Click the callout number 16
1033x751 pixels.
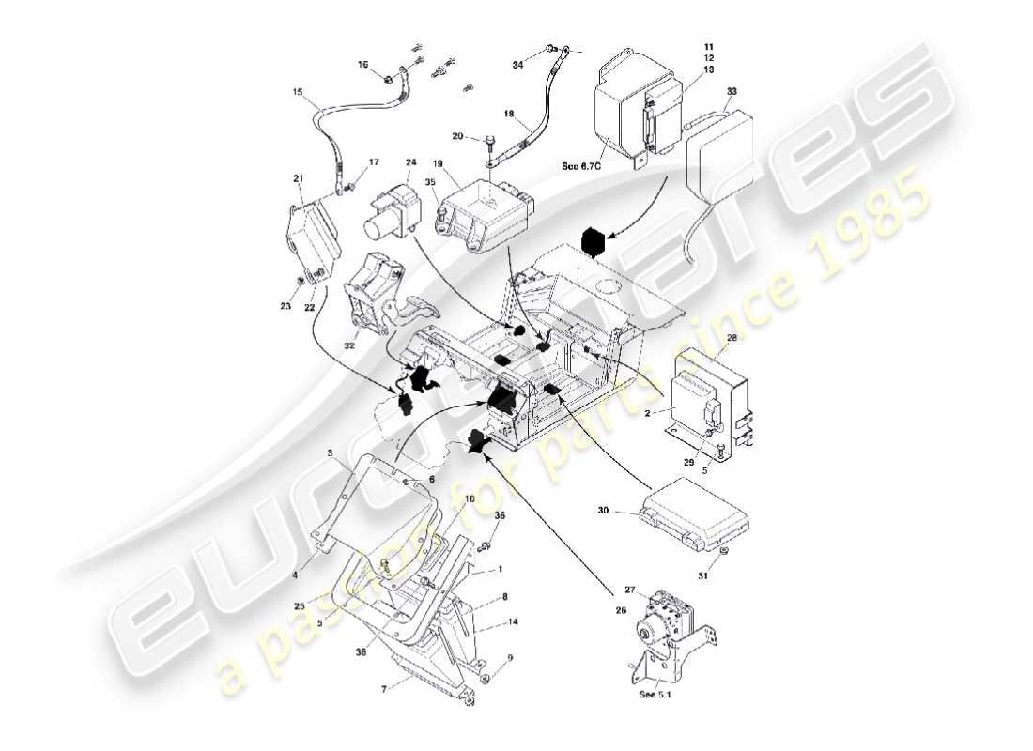coord(363,65)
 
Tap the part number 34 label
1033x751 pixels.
coord(518,64)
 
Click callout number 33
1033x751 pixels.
coord(732,91)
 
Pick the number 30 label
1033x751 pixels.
coord(605,512)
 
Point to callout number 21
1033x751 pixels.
coord(299,178)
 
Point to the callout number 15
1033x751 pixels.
coord(298,92)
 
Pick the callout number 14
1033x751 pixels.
coord(513,621)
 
